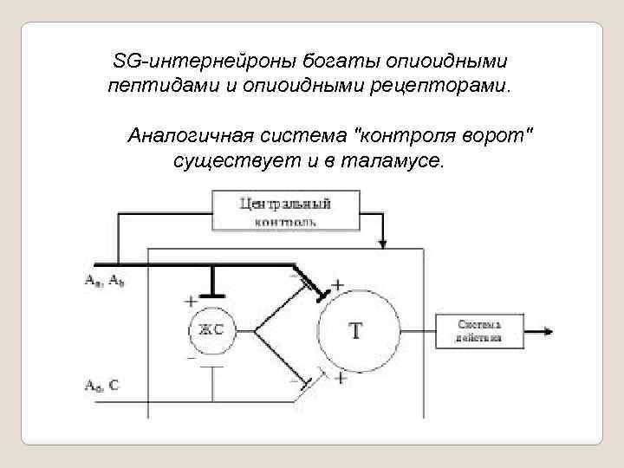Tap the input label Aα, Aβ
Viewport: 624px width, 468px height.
click(103, 280)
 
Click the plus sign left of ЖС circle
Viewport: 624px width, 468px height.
click(190, 302)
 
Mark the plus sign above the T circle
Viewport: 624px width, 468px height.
click(337, 283)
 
